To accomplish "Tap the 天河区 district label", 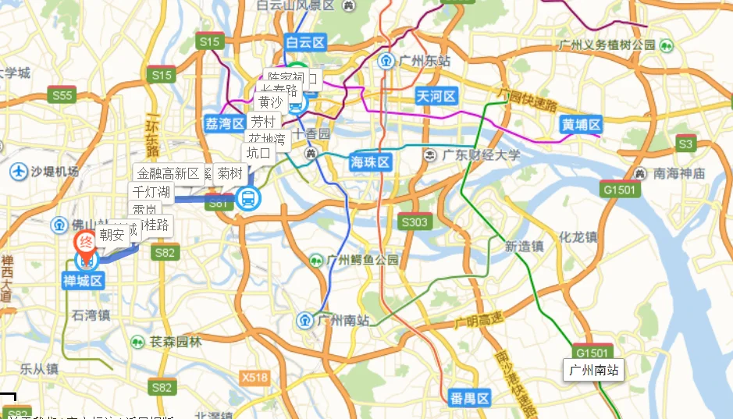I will pos(435,96).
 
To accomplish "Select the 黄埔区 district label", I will pos(582,124).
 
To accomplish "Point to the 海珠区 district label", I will pos(370,162).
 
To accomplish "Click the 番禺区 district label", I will pos(469,399).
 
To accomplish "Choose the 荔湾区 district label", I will pos(225,123).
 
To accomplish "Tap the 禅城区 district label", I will pos(84,280).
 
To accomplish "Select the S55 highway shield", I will pos(62,96).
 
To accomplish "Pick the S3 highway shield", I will pos(685,144).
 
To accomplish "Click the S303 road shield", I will pos(414,222).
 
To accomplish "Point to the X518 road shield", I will pos(254,378).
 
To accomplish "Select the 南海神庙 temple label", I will pos(678,173).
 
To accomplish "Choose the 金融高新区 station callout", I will pos(168,173).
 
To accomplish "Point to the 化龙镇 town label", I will pos(578,236).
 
